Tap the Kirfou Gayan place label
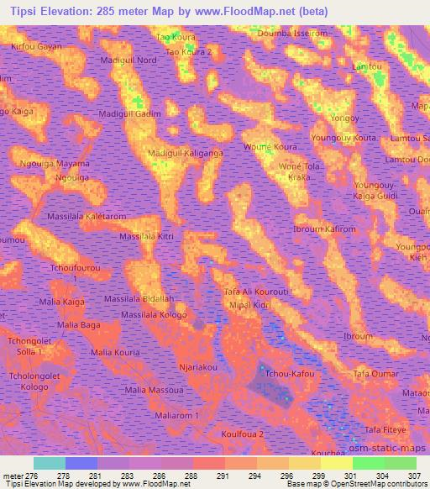36,47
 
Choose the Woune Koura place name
270,147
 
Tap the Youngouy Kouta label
343,137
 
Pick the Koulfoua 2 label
243,434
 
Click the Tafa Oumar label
376,374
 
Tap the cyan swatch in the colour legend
49,463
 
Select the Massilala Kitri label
146,238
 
